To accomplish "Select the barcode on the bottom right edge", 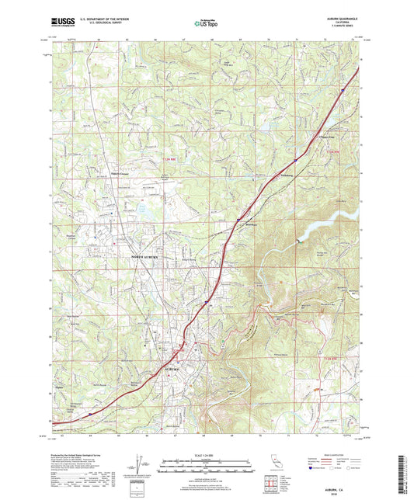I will point(405,474).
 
